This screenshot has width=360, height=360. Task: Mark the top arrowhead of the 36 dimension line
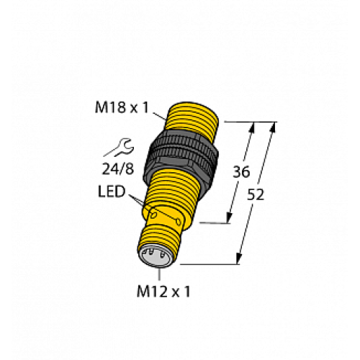point(252,127)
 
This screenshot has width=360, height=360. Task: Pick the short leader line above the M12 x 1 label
point(164,275)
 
